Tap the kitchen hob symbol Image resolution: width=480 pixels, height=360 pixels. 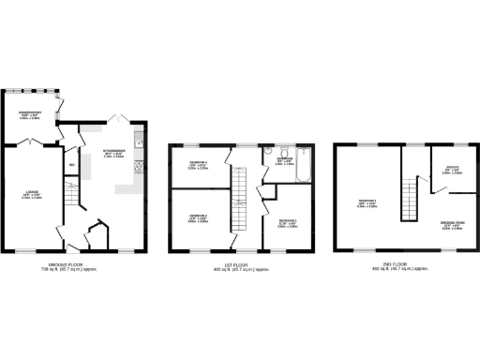[x=140, y=168]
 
